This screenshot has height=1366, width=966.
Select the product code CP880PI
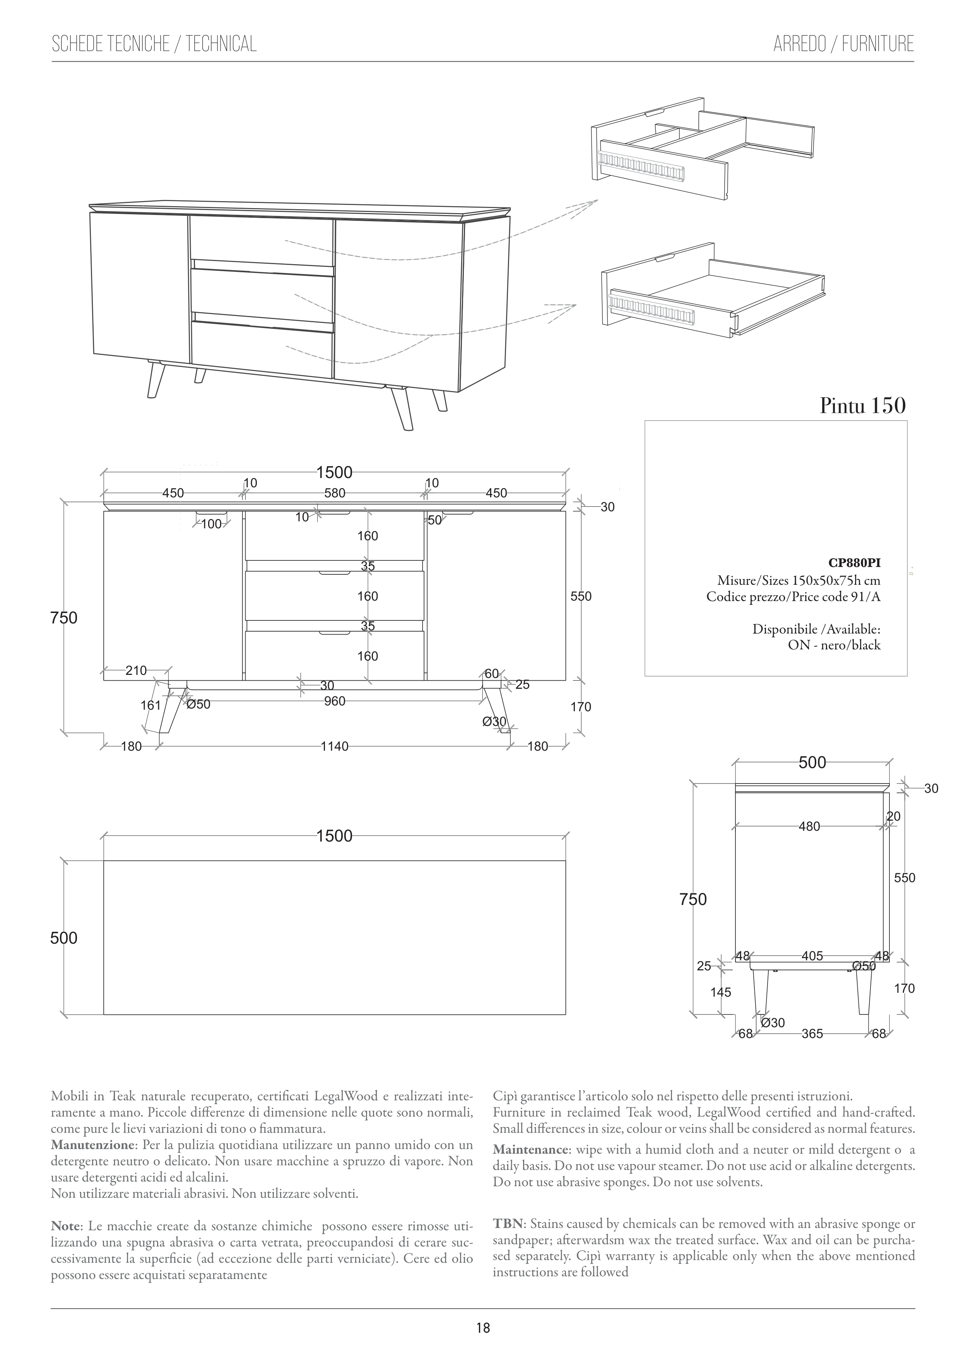(854, 563)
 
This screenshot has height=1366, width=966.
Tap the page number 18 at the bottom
(483, 1327)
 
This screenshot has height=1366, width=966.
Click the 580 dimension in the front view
(335, 493)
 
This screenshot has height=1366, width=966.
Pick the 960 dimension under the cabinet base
(335, 702)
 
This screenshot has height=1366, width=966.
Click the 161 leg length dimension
(150, 705)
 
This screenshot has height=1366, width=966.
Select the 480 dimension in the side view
(809, 826)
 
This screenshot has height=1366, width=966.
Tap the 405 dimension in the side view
(812, 956)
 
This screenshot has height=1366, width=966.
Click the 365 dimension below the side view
(812, 1034)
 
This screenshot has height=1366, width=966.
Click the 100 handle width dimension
(211, 524)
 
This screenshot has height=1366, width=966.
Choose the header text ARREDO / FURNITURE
(843, 44)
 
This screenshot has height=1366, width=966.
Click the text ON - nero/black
(833, 645)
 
